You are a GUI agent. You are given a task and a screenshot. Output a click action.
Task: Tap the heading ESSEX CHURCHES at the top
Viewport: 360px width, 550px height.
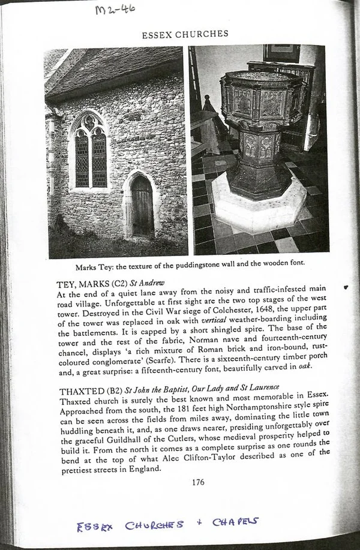pos(185,34)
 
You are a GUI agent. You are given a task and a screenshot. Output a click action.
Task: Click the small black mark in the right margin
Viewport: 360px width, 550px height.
pos(346,288)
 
